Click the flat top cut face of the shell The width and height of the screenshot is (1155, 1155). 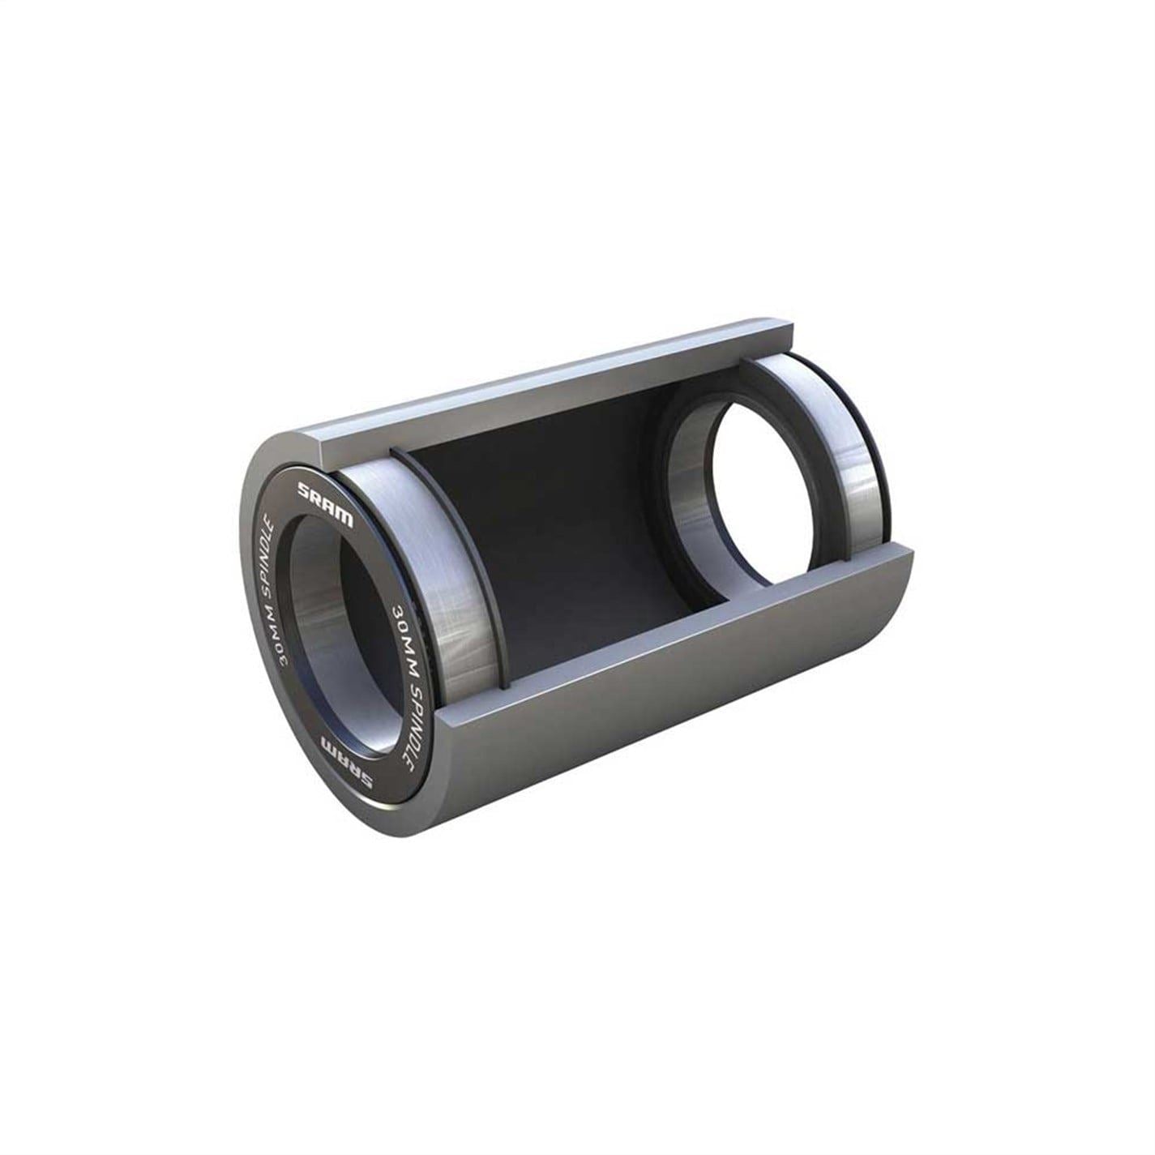(x=551, y=381)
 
